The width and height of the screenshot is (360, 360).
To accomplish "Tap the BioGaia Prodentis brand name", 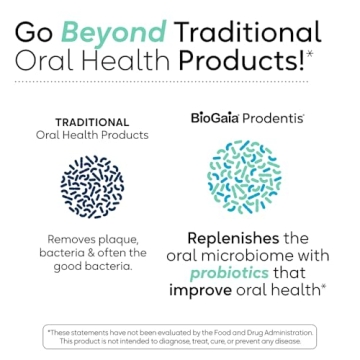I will click(x=247, y=117).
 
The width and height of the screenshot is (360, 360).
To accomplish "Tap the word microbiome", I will click(x=253, y=255).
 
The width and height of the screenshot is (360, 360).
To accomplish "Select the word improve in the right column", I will click(x=204, y=291).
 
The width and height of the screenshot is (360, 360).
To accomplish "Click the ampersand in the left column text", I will click(x=92, y=253).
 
